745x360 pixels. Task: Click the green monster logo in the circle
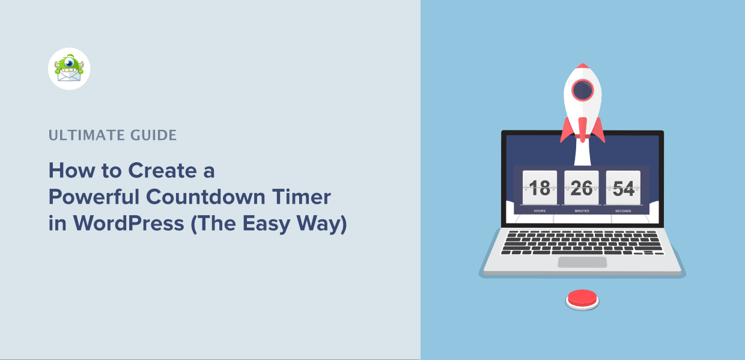[69, 69]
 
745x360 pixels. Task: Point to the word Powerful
[94, 198]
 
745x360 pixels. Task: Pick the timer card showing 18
[540, 188]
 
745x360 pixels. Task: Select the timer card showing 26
[582, 188]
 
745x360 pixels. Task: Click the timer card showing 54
[623, 188]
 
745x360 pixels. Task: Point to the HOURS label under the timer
[540, 211]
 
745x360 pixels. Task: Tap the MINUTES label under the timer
[582, 211]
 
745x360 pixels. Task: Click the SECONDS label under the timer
[623, 211]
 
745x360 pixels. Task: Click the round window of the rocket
[582, 91]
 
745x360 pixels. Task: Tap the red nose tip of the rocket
[582, 66]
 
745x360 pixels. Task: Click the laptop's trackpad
[582, 262]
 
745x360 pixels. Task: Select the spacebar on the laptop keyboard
[579, 252]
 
